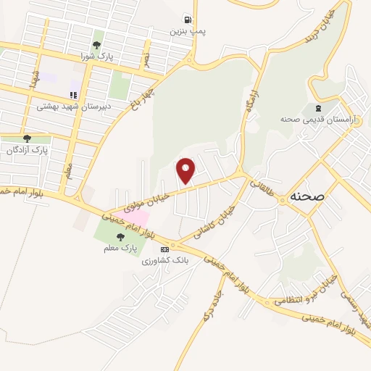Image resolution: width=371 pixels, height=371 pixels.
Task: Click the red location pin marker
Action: pos(186,170)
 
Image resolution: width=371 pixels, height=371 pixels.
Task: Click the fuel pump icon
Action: pos(188,20)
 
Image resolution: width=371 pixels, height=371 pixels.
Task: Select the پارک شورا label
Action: pos(97,55)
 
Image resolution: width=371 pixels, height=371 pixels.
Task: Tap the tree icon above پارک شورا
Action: pos(97,45)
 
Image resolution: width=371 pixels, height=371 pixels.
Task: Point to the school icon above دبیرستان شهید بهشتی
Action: pos(73,95)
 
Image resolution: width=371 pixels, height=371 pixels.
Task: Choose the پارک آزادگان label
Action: pos(27,150)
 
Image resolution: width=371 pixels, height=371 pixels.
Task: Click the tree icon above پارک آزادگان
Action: pos(27,139)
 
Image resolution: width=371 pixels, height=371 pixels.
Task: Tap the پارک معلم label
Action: pos(120,248)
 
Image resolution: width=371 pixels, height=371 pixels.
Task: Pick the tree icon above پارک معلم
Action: pos(120,237)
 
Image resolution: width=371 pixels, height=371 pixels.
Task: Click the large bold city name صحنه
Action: pos(307,196)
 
